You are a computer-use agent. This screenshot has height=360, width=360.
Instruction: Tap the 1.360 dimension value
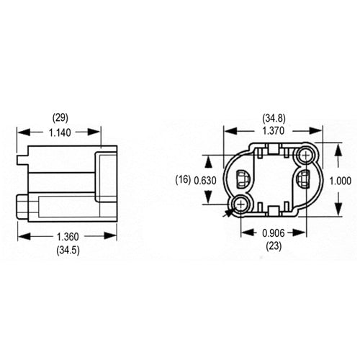[x=67, y=235]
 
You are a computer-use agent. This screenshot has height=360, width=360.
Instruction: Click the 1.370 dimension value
[x=272, y=132]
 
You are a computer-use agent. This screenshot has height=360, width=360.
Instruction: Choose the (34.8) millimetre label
[x=272, y=117]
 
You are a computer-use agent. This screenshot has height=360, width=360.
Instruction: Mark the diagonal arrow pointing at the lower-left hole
[x=229, y=212]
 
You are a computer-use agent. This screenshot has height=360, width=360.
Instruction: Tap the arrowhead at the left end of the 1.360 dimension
[x=21, y=235]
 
